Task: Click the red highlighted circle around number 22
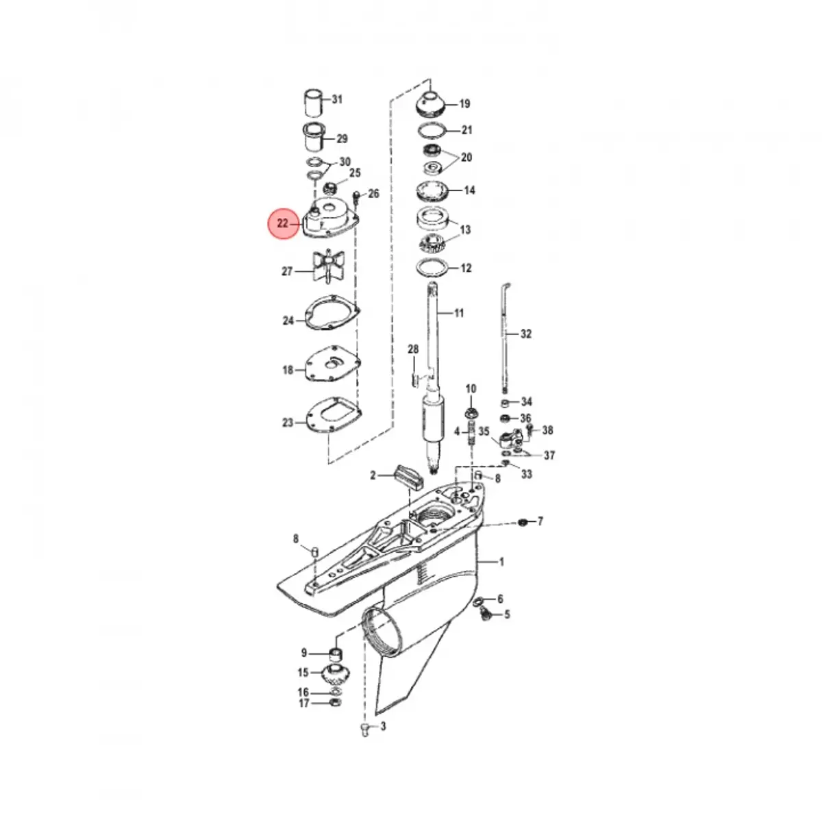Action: click(x=283, y=223)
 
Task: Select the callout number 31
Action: click(x=337, y=99)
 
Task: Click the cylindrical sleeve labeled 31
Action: click(x=314, y=103)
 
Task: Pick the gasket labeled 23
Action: click(x=334, y=416)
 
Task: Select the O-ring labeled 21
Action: click(x=432, y=131)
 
